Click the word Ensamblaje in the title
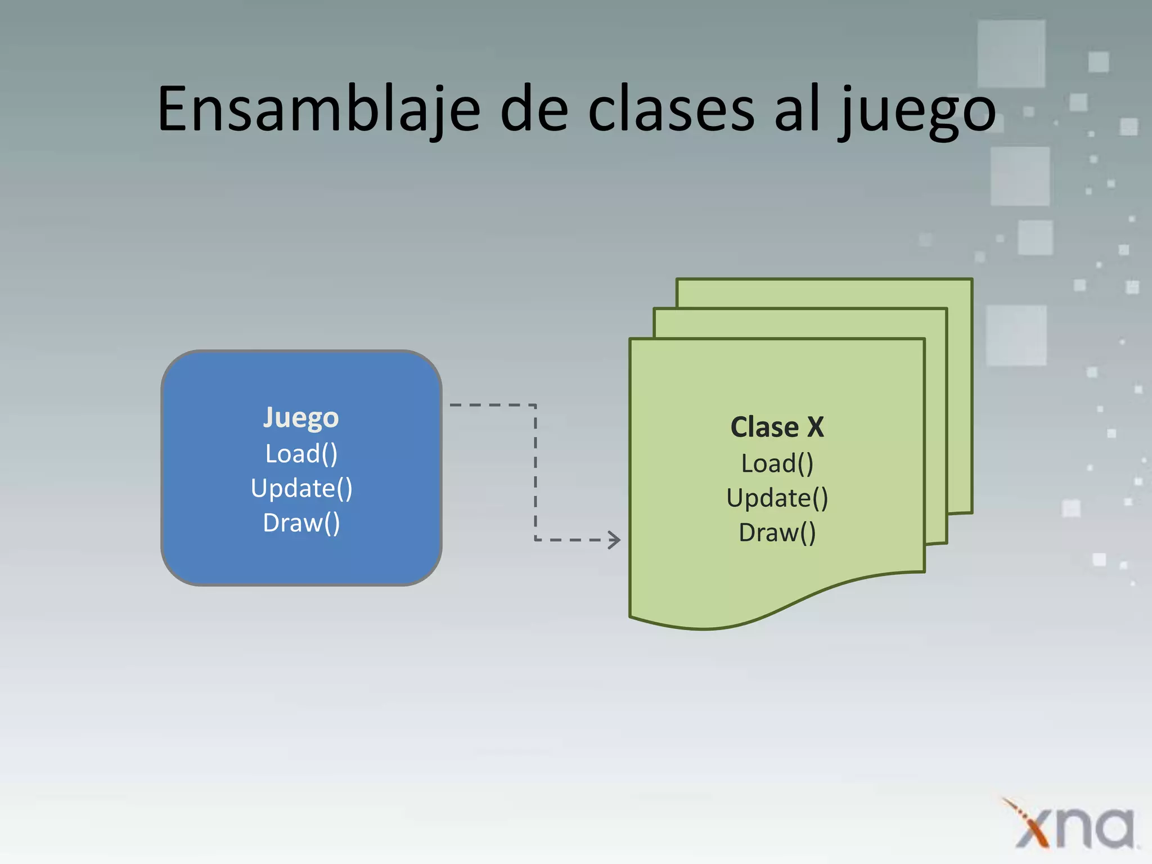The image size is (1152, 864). click(318, 110)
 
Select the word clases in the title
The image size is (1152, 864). click(670, 110)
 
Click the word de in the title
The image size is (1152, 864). click(534, 110)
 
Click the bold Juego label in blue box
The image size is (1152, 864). click(301, 418)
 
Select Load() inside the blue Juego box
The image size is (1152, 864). click(301, 454)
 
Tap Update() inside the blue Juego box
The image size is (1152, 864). click(301, 488)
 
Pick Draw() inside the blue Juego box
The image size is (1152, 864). click(301, 523)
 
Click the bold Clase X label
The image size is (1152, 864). click(777, 427)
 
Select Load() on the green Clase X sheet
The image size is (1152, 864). click(777, 463)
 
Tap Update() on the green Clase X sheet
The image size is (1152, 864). click(777, 498)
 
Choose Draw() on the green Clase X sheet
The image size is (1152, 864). click(777, 533)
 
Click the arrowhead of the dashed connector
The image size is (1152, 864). click(615, 539)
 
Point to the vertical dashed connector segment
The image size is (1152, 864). click(535, 472)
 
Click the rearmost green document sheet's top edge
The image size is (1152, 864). click(824, 280)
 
